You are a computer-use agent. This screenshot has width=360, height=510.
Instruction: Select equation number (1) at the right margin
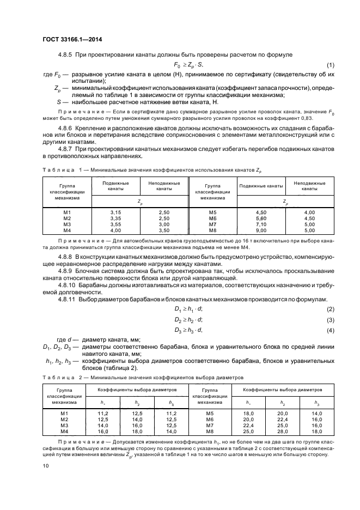point(330,65)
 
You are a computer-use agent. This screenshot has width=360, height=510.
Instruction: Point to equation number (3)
point(330,319)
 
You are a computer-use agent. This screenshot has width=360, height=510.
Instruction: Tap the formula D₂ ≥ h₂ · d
point(188,319)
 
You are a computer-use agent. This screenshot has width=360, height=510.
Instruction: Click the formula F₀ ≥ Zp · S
point(188,65)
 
